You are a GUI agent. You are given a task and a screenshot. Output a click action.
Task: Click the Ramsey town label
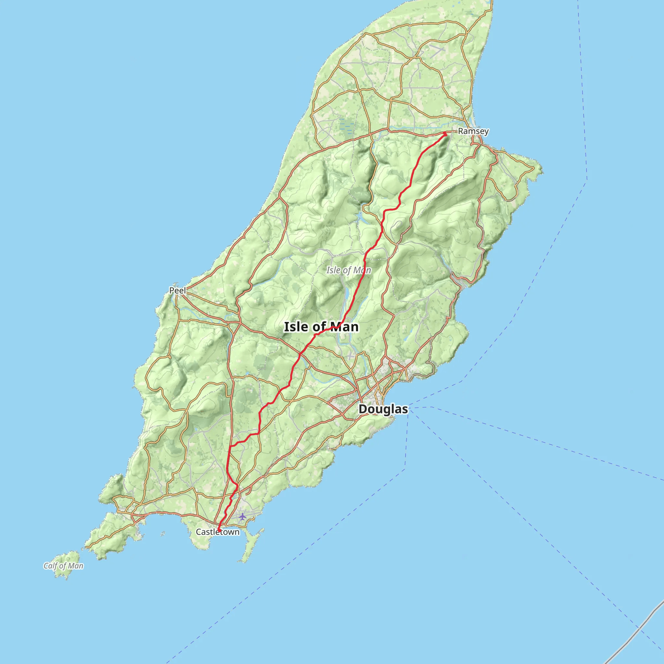473,131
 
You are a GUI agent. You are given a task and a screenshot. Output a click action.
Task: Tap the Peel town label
177,290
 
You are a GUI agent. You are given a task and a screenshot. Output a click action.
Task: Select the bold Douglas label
383,409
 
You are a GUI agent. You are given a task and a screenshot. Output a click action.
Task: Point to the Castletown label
218,532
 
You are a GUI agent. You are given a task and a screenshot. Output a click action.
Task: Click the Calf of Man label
63,566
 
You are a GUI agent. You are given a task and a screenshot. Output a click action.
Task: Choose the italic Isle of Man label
349,270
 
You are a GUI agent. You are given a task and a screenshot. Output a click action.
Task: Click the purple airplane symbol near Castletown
243,516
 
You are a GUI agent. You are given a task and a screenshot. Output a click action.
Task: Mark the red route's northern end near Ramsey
445,133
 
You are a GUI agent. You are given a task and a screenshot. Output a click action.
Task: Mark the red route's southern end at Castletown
219,531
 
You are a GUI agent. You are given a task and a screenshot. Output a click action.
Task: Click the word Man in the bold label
344,327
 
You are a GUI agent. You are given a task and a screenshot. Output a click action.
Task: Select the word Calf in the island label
50,566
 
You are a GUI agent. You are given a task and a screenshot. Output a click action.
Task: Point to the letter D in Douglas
362,409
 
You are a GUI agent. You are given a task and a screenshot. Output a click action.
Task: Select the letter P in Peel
172,290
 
